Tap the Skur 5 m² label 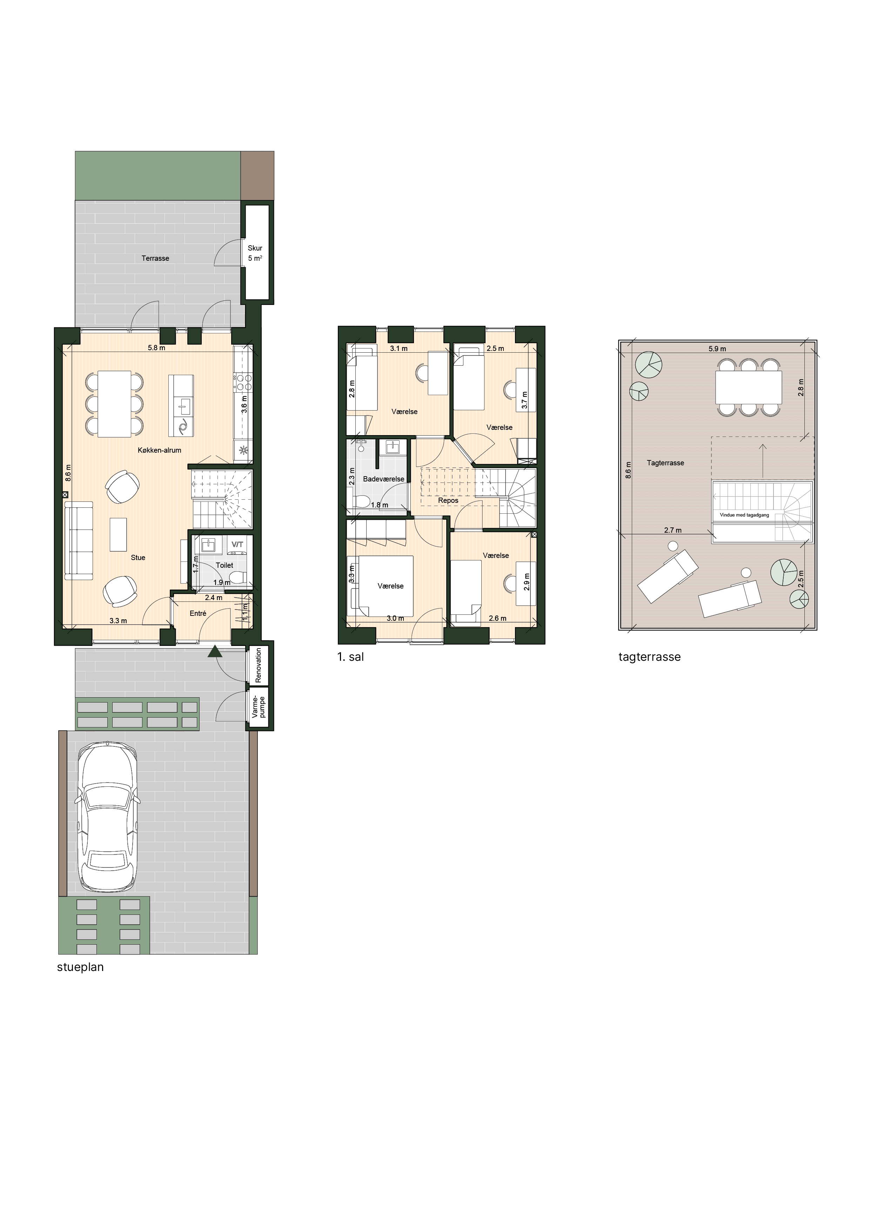click(255, 253)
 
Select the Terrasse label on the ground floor click(155, 258)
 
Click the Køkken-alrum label click(159, 450)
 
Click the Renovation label click(259, 665)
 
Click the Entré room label click(198, 613)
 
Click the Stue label click(138, 558)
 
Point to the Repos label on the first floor click(448, 501)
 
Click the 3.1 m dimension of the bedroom click(399, 348)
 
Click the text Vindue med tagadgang click(744, 515)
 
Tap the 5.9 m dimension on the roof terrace click(717, 348)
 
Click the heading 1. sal click(350, 657)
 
